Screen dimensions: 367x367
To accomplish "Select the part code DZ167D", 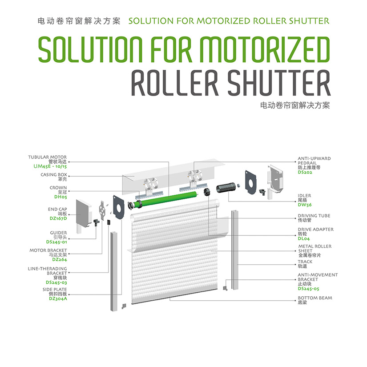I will (58, 218).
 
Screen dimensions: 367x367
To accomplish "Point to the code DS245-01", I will (56, 242).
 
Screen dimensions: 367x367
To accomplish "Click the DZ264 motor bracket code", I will (60, 259).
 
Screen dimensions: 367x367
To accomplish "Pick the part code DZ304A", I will (58, 298).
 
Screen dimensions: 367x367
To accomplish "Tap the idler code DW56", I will (305, 205).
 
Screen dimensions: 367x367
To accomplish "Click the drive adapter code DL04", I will (304, 238).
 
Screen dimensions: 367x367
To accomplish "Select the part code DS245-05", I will (309, 289).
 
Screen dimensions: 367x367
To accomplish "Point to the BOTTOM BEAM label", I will (315, 298).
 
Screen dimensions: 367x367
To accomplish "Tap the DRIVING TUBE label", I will (314, 216).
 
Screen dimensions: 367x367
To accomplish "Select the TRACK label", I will (305, 262).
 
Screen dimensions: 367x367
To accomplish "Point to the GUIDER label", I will (59, 232).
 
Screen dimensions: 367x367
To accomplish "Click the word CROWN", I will (58, 188).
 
